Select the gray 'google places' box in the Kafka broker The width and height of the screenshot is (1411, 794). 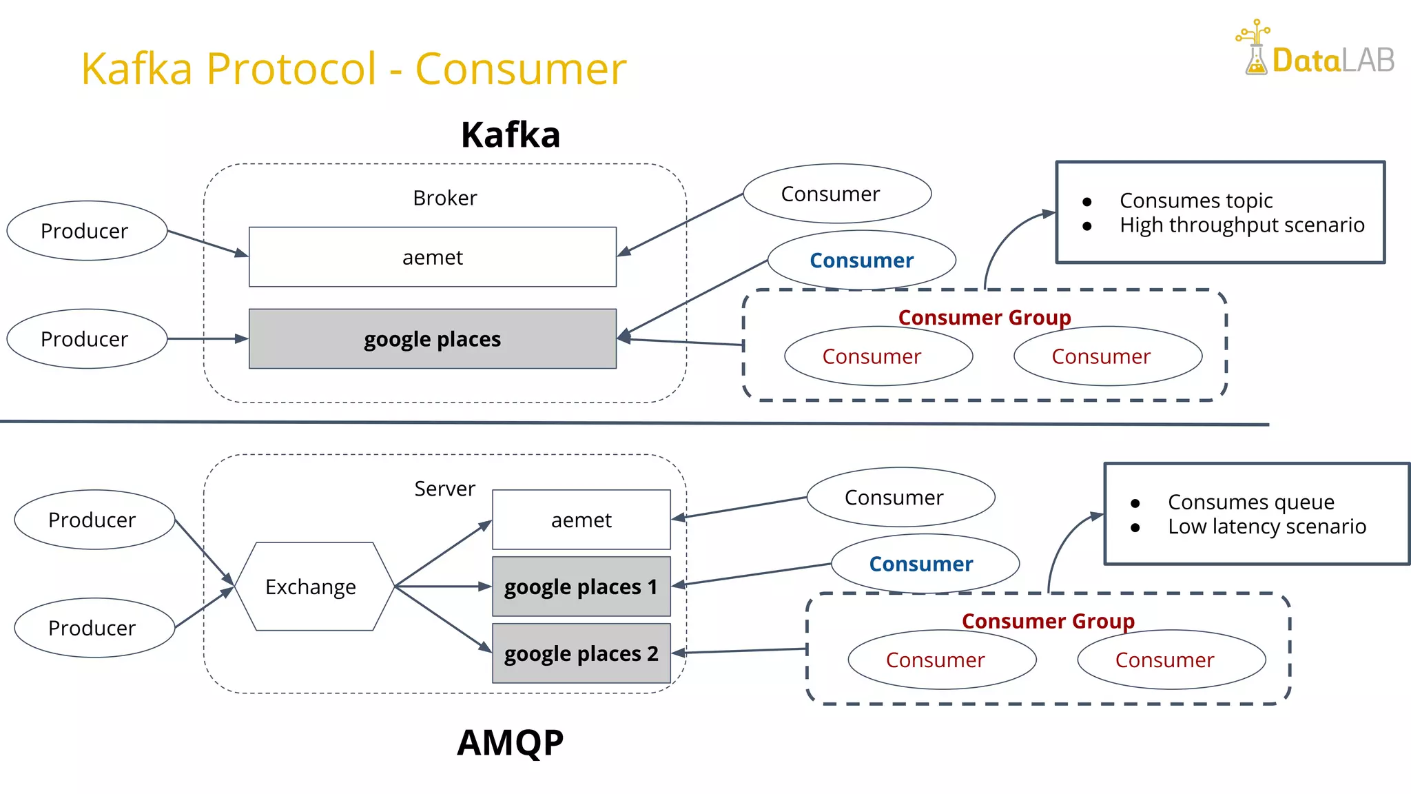432,338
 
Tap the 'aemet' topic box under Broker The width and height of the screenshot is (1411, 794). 432,257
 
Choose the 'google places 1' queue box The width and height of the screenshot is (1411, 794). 581,587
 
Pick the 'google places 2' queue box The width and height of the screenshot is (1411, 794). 581,653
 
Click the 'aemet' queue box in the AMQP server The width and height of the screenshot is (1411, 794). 581,520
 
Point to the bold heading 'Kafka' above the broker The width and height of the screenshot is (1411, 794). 510,134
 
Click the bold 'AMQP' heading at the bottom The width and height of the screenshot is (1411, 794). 510,743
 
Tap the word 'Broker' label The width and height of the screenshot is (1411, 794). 444,198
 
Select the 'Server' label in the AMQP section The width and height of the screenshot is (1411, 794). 444,489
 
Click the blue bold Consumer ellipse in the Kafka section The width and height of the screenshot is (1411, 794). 861,261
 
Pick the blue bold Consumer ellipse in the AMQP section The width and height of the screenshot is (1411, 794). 921,564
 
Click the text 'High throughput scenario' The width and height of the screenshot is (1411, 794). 1242,225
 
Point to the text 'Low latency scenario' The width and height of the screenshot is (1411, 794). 1266,527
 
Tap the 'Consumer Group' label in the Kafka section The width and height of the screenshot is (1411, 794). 984,318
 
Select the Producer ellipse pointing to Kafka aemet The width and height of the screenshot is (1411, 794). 86,231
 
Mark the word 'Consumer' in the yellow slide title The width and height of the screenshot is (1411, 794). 521,69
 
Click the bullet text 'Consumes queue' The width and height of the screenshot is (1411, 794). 1250,502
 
